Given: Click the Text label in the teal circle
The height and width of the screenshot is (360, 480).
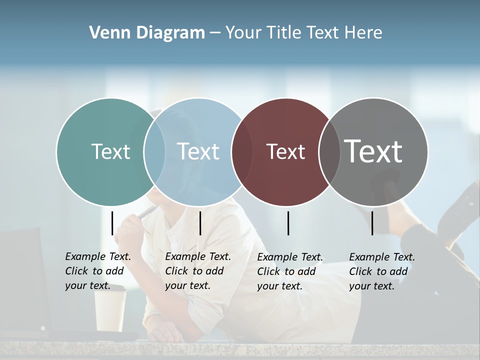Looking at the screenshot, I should point(110,151).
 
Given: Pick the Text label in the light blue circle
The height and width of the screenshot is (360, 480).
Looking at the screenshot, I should point(198,151).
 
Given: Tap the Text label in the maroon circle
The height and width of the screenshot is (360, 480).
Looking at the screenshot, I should point(285,151).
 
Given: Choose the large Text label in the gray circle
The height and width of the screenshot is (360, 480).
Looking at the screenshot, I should point(373,151).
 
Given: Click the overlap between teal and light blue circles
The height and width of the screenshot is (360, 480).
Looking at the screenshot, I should point(154,151).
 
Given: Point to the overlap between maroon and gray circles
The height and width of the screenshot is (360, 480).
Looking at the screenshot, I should point(329,151).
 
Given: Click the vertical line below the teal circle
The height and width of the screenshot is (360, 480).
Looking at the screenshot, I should point(112,223).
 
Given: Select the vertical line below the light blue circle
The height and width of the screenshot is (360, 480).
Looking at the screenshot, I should point(200,223).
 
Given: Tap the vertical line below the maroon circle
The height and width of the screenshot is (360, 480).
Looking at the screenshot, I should point(288,223).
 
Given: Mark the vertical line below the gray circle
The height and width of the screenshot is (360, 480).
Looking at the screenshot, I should point(372,223).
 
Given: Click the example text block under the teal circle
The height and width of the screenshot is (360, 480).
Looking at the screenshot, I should point(97,271).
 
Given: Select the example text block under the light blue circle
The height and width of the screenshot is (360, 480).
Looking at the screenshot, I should point(197,271).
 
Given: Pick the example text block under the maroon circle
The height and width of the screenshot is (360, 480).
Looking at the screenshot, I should point(289,271).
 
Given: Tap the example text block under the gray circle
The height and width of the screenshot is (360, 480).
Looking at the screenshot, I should point(381,271).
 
